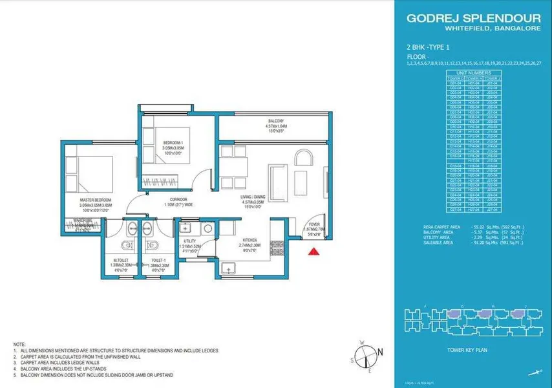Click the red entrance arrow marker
[313, 252]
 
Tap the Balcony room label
[276, 120]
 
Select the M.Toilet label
[120, 261]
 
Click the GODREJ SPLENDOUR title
[471, 18]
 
